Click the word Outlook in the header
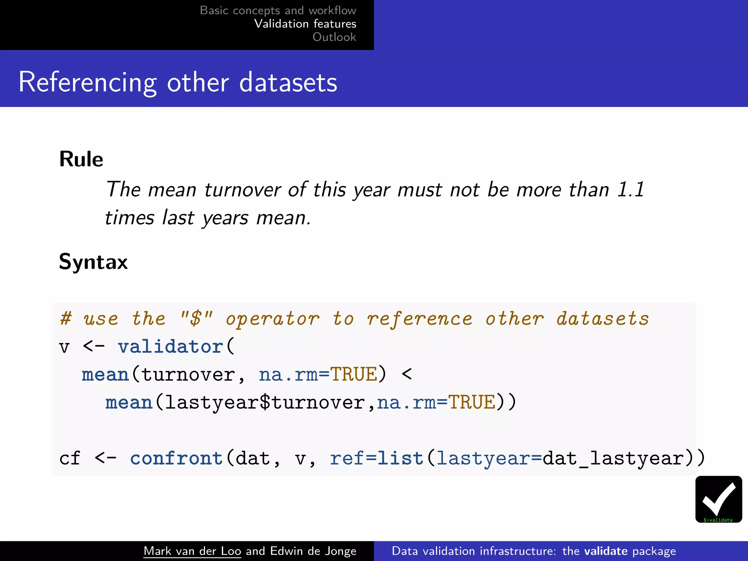pos(334,37)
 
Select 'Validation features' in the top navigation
pos(305,24)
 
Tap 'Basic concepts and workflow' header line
pos(278,10)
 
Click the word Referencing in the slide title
pos(88,83)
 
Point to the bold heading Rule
pos(81,159)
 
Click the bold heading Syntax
pos(93,262)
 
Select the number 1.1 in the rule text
pos(631,190)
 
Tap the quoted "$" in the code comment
pos(196,318)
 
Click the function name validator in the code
pos(170,346)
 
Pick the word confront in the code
pos(176,458)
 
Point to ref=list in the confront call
pos(377,458)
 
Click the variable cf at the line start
pos(69,458)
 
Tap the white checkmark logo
pos(718,497)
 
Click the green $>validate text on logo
pos(718,520)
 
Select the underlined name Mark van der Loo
pos(192,551)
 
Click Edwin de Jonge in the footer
pos(313,551)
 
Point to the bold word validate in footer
pos(606,551)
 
